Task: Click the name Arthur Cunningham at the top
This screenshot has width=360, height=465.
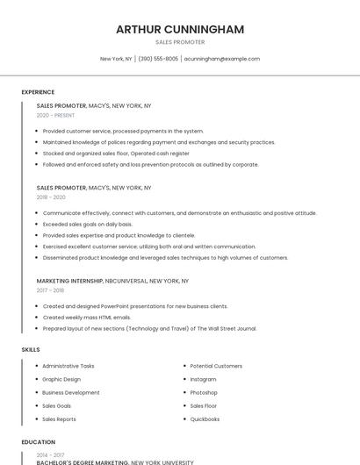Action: coord(180,30)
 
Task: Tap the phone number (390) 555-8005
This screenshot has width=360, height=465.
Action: coord(158,59)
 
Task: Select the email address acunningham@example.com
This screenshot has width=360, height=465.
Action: coord(222,59)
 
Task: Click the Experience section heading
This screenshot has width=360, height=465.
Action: coord(38,92)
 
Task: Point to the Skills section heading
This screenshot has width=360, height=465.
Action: coord(31,349)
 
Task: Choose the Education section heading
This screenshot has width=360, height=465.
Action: coord(38,442)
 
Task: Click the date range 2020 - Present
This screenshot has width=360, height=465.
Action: coord(55,115)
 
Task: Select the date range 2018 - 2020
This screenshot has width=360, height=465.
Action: coord(51,197)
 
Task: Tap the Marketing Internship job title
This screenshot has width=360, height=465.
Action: coord(70,281)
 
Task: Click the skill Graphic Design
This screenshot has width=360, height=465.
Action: coord(61,379)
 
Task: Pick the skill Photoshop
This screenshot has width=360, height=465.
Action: coord(204,392)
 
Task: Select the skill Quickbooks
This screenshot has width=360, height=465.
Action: coord(205,419)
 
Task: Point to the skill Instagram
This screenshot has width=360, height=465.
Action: coord(203,379)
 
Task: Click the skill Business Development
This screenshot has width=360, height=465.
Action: coord(71,392)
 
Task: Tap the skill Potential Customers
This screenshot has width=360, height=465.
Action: coord(216,366)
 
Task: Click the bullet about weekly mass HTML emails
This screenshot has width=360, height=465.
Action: coord(87,318)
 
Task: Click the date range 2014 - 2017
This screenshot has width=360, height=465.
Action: coord(50,454)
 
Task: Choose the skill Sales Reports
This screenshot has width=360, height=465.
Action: coord(59,419)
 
